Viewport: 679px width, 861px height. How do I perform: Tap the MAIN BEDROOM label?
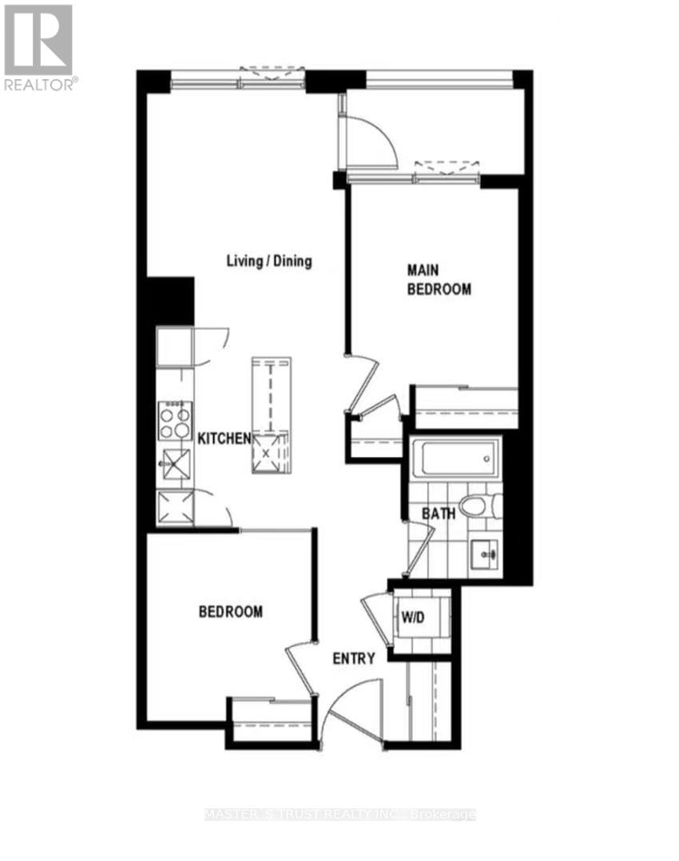click(439, 280)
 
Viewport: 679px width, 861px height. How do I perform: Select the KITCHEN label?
click(224, 438)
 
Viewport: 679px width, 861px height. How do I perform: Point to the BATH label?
click(439, 514)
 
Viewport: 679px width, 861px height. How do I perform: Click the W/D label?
click(413, 617)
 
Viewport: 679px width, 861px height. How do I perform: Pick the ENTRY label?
click(354, 659)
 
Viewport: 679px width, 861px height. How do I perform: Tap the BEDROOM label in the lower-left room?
click(230, 612)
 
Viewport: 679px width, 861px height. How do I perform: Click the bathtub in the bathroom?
click(454, 458)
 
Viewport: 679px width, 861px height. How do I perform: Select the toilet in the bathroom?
click(483, 506)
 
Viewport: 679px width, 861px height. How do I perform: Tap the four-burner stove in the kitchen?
click(175, 421)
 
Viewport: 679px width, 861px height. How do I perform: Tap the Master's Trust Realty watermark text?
click(339, 815)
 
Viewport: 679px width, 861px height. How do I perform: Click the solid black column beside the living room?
click(171, 300)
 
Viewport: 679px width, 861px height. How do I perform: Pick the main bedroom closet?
click(465, 407)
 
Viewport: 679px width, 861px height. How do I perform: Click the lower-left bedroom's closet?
click(270, 722)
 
